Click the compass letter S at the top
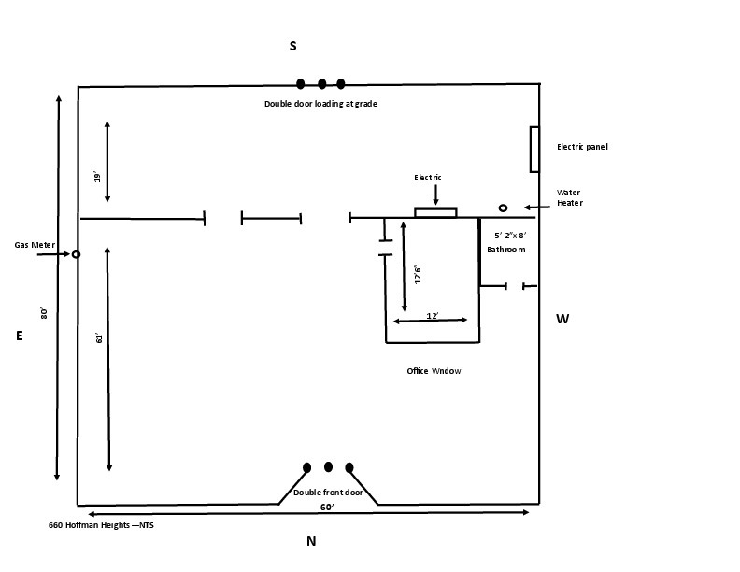[x=292, y=45]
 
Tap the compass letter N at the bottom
[x=311, y=541]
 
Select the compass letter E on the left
[x=19, y=336]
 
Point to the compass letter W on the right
[x=562, y=319]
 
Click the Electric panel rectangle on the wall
[x=534, y=149]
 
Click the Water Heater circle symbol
[x=503, y=207]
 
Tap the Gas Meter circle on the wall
[x=76, y=254]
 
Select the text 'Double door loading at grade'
[x=320, y=104]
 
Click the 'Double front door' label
[x=328, y=492]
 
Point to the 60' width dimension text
[x=328, y=507]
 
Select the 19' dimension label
[x=97, y=176]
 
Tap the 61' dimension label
[x=98, y=337]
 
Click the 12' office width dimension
[x=433, y=316]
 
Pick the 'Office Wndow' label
[x=434, y=371]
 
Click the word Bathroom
[x=505, y=250]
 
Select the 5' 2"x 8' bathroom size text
[x=510, y=236]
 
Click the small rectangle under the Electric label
[x=435, y=212]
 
